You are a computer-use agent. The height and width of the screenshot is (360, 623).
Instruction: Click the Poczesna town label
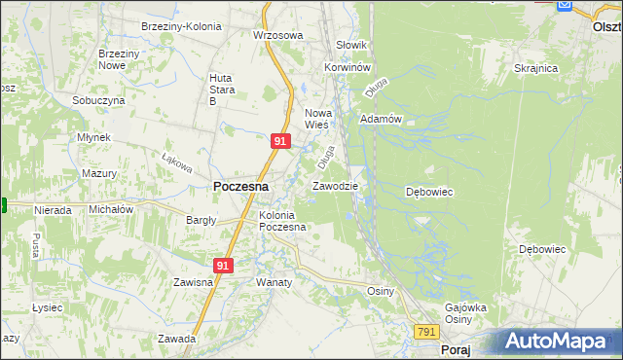coord(240,185)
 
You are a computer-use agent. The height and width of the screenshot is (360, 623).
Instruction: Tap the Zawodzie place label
coord(335,186)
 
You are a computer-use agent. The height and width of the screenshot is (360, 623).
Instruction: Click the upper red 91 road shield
coord(280,141)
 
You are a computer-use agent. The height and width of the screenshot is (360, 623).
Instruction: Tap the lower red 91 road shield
coord(224,265)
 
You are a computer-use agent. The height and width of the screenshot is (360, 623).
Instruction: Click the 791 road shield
coord(426,332)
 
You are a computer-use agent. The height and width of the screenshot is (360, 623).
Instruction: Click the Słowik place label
coord(350,45)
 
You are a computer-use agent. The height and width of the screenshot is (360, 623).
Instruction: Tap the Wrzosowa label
coord(278,35)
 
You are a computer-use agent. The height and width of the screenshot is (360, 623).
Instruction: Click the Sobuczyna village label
coord(98,100)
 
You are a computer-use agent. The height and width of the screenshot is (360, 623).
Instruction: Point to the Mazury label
coord(99,173)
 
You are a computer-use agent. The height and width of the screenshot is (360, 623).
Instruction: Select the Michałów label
coord(111,209)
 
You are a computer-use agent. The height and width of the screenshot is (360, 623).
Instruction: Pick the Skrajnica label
coord(535,68)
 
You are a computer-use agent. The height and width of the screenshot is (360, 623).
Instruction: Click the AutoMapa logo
coord(563,341)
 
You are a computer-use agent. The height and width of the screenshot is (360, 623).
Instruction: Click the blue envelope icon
coord(565,6)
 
